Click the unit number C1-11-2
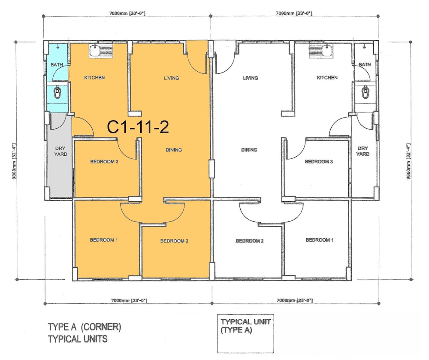[x=138, y=127]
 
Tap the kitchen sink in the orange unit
[x=101, y=51]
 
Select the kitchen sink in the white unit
[x=321, y=51]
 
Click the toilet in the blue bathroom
[x=57, y=92]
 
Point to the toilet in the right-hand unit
[x=365, y=92]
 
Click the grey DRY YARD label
[x=60, y=151]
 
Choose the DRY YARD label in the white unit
[x=363, y=151]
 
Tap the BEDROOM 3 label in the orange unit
[x=104, y=162]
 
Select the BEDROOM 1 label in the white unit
[x=320, y=240]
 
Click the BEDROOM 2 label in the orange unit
[x=174, y=241]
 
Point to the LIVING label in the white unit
[x=251, y=78]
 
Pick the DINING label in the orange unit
[x=174, y=150]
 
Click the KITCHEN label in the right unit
[x=327, y=78]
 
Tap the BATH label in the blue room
[x=57, y=65]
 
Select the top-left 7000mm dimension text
[x=127, y=13]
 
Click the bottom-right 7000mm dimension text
[x=295, y=300]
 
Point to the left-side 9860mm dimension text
[x=14, y=162]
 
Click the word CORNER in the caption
[x=101, y=327]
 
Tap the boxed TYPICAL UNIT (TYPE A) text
[x=245, y=326]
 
